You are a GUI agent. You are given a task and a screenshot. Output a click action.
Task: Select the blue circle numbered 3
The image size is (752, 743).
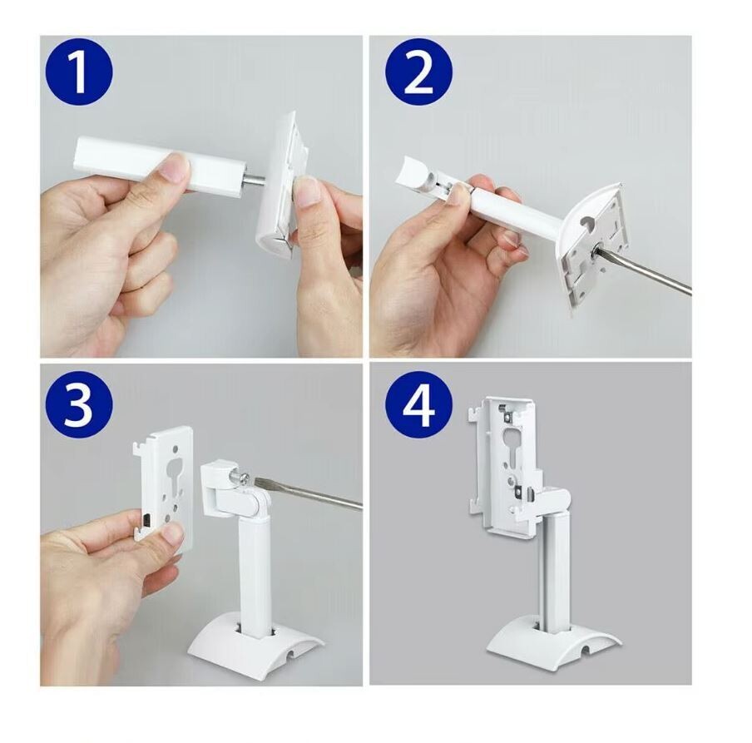[x=79, y=404]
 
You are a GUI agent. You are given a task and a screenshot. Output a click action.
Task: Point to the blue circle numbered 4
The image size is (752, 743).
[x=418, y=404]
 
